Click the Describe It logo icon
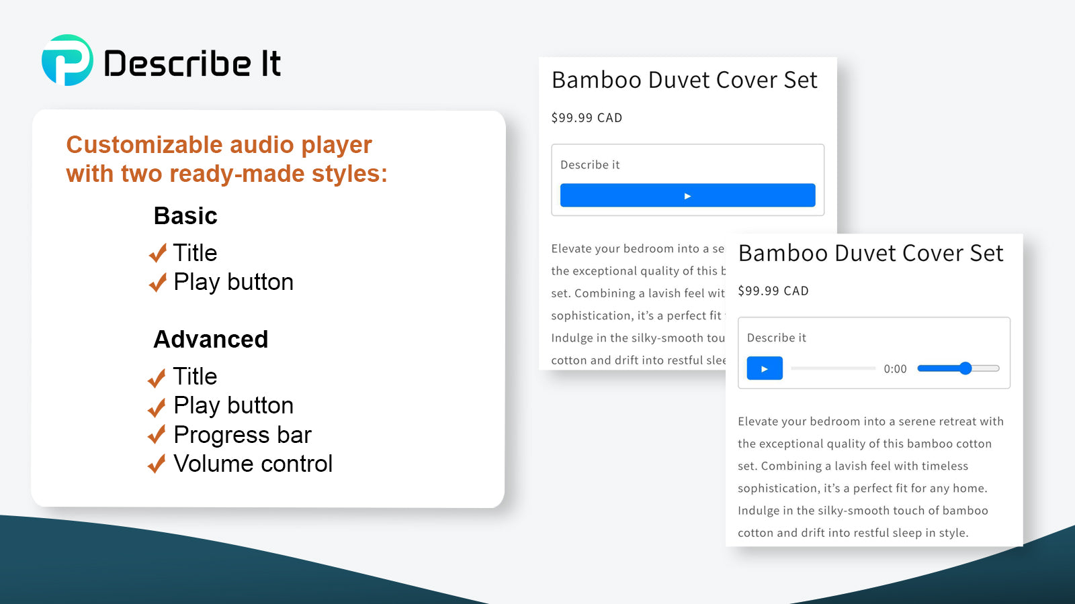67,60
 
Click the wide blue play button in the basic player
688,195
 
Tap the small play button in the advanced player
765,368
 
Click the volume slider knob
965,368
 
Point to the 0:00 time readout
895,368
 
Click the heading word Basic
185,215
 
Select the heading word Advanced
211,340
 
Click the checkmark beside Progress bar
157,434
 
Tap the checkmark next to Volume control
157,464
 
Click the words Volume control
253,464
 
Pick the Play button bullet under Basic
233,282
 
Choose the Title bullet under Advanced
195,376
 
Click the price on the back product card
587,118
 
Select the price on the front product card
773,291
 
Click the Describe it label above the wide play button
590,165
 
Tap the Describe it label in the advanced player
777,338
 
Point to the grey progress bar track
833,368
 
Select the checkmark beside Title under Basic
157,252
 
